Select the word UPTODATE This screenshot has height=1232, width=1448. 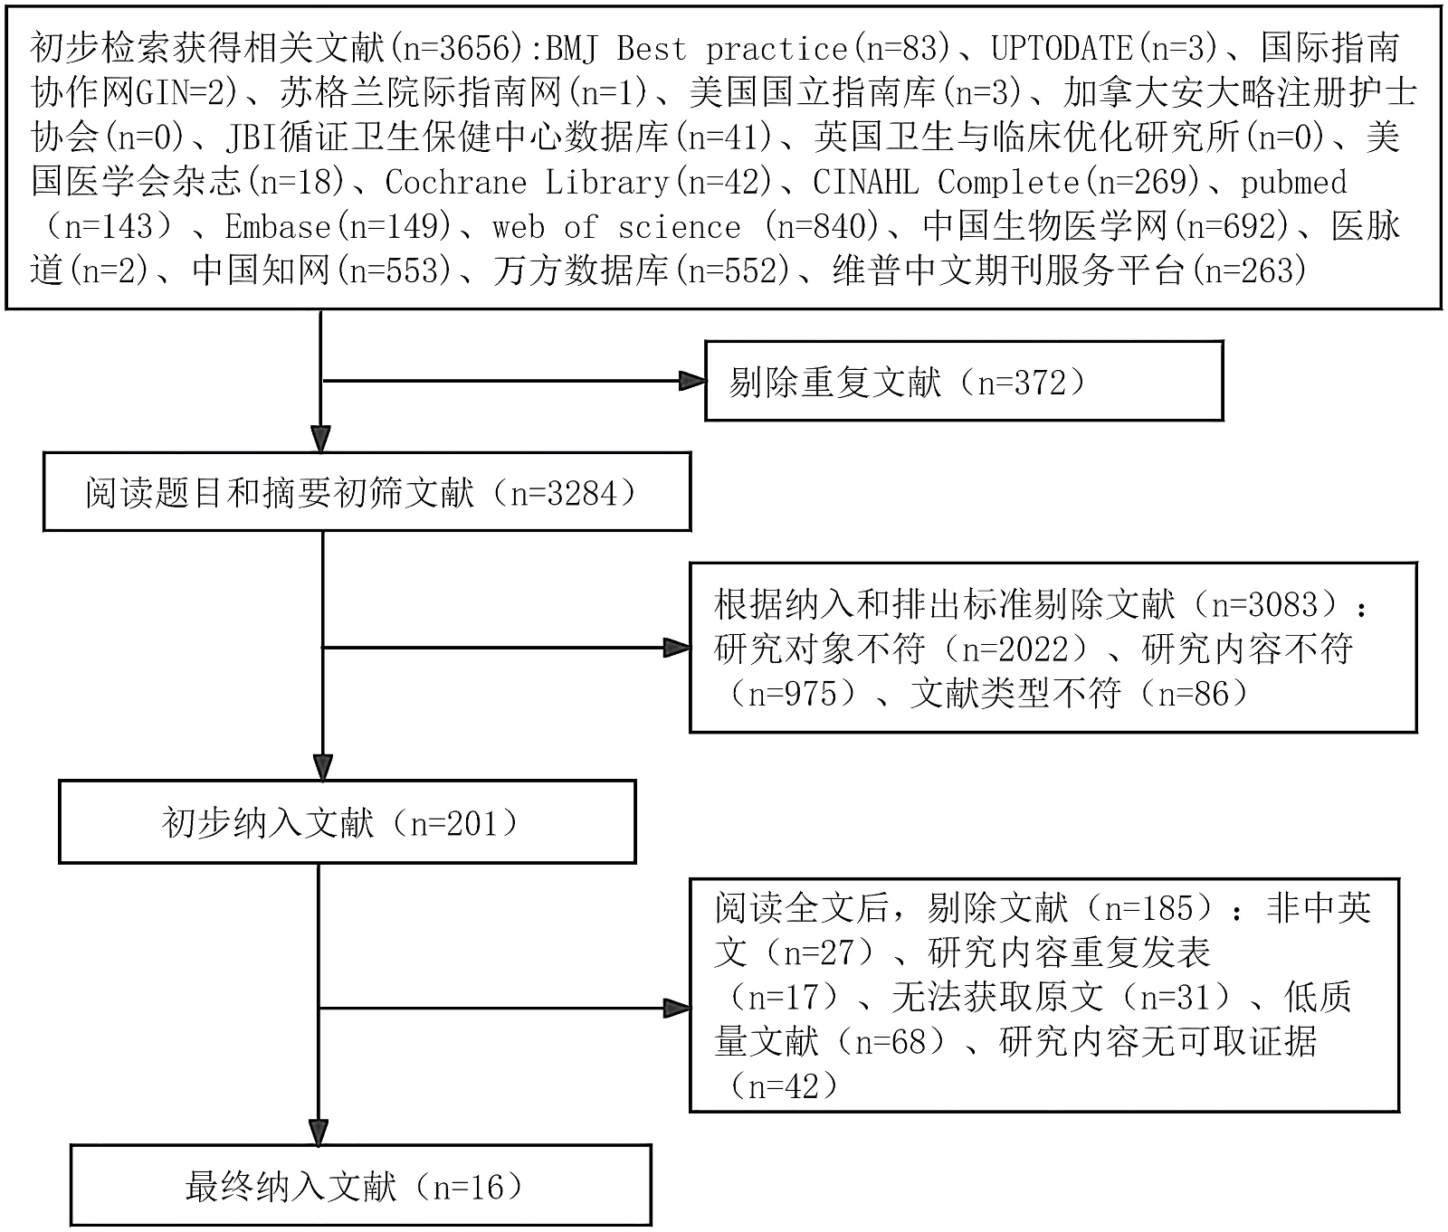pos(1062,47)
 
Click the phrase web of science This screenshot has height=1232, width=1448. pos(615,226)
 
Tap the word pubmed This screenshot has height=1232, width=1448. pos(1293,182)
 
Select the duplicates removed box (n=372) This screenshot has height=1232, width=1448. pos(963,382)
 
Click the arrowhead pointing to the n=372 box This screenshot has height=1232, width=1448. pos(692,382)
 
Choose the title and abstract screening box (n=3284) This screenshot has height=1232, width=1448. pos(367,493)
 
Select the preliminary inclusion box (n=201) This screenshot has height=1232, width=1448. pos(347,823)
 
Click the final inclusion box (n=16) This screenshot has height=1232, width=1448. pos(360,1186)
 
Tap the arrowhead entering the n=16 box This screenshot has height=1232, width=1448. pos(319,1132)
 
